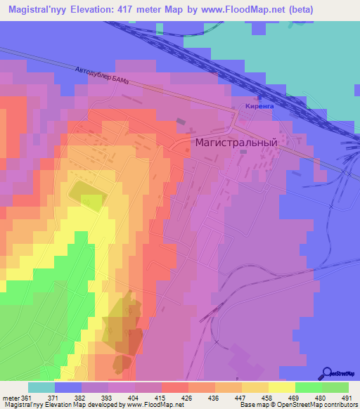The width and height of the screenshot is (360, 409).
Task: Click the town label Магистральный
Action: point(235,141)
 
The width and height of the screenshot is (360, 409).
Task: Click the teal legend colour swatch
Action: point(41,387)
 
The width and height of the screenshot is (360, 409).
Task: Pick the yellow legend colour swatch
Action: point(281,387)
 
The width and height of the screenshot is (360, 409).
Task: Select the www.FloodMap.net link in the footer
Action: point(153,405)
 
